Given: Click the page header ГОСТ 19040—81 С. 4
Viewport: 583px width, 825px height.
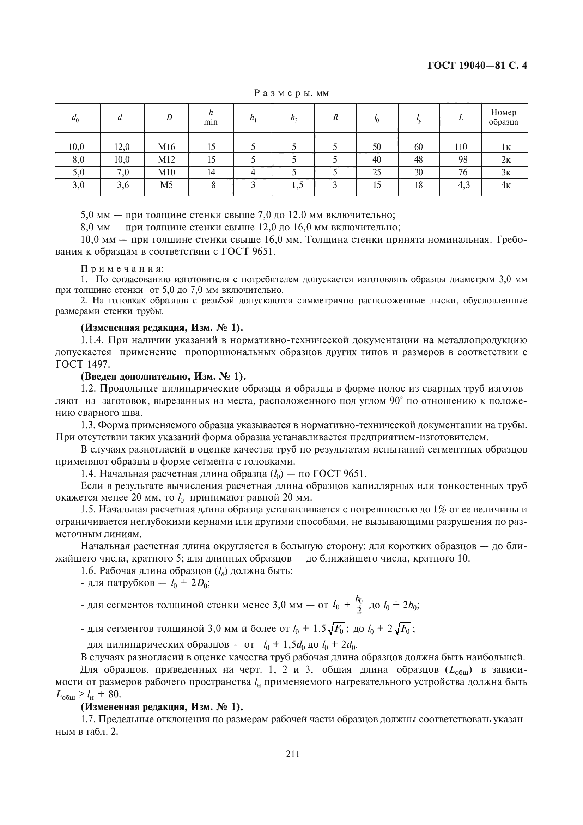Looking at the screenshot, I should pyautogui.click(x=478, y=66).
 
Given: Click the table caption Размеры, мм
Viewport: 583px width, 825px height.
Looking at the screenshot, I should pyautogui.click(x=291, y=93).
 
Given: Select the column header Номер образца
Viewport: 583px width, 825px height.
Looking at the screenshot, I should pyautogui.click(x=504, y=117).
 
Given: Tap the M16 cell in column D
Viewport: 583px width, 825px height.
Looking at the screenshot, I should pyautogui.click(x=166, y=147).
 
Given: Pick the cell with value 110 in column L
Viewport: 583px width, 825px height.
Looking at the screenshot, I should pyautogui.click(x=461, y=147).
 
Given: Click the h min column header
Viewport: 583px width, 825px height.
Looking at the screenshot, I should pyautogui.click(x=211, y=117).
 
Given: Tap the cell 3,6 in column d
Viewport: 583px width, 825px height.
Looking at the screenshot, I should pyautogui.click(x=123, y=185).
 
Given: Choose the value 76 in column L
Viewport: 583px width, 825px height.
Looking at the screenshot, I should pyautogui.click(x=463, y=172).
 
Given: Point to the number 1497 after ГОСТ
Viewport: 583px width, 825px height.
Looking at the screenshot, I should pyautogui.click(x=97, y=364).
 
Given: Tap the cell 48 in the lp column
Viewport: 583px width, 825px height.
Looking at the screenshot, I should pyautogui.click(x=419, y=159).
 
